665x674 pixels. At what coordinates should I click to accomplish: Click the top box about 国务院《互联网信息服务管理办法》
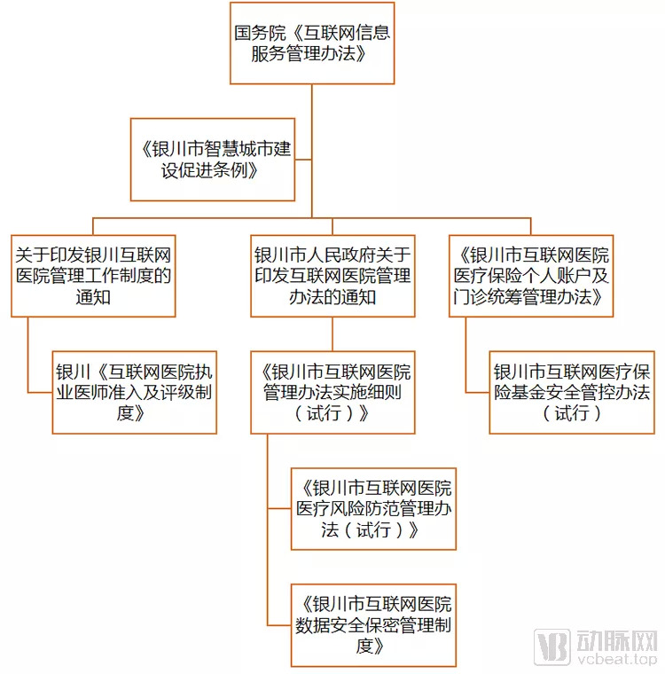point(312,43)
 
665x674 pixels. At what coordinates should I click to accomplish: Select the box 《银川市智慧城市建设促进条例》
point(213,160)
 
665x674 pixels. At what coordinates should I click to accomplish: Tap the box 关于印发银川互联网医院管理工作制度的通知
point(93,276)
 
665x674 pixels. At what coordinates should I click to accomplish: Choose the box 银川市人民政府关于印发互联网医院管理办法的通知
point(332,276)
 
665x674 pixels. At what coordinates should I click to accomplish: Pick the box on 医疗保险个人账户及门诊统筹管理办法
point(531,276)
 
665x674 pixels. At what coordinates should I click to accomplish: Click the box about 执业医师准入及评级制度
point(135,393)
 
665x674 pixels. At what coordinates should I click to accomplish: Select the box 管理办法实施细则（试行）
point(332,393)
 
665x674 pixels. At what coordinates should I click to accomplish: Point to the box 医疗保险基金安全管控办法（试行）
point(572,393)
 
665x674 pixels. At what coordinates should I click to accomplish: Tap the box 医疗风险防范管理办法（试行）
point(373,509)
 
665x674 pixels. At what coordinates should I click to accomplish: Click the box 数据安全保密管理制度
point(373,625)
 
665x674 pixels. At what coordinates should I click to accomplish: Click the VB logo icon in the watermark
point(552,647)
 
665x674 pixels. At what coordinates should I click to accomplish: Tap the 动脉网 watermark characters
point(617,641)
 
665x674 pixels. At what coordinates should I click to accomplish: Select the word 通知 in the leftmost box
point(93,297)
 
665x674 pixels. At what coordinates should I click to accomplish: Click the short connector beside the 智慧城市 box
point(303,160)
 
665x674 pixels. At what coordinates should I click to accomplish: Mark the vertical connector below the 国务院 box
point(311,151)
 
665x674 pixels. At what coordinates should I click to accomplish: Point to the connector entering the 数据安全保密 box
point(279,625)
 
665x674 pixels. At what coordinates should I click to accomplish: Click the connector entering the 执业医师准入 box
point(40,393)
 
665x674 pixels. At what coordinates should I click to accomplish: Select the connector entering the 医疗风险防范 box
point(279,509)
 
